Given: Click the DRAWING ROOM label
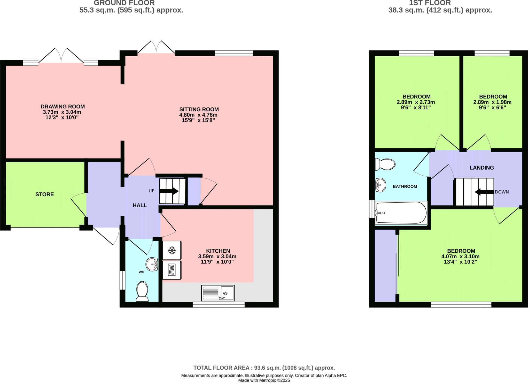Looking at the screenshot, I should [63, 107].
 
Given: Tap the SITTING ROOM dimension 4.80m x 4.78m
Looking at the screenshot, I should [198, 115].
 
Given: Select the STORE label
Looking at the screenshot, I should [45, 194].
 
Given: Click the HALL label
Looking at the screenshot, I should [140, 205].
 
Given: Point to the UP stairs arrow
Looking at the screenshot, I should [169, 191].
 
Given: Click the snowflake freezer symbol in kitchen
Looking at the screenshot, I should [172, 250].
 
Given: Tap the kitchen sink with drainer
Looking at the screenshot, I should [218, 293].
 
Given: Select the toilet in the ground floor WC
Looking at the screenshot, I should [142, 292].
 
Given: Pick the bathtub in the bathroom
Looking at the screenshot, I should [401, 213].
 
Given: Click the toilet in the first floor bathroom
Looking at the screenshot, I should [385, 164].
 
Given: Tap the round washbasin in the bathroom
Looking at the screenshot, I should [380, 185].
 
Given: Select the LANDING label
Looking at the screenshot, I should [481, 168].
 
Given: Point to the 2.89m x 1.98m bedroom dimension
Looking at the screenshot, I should [492, 102].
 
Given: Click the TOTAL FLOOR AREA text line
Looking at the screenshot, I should [264, 368].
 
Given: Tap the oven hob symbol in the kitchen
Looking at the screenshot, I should [172, 270].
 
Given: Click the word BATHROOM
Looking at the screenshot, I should [405, 186].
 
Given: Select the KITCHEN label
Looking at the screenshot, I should [218, 251].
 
